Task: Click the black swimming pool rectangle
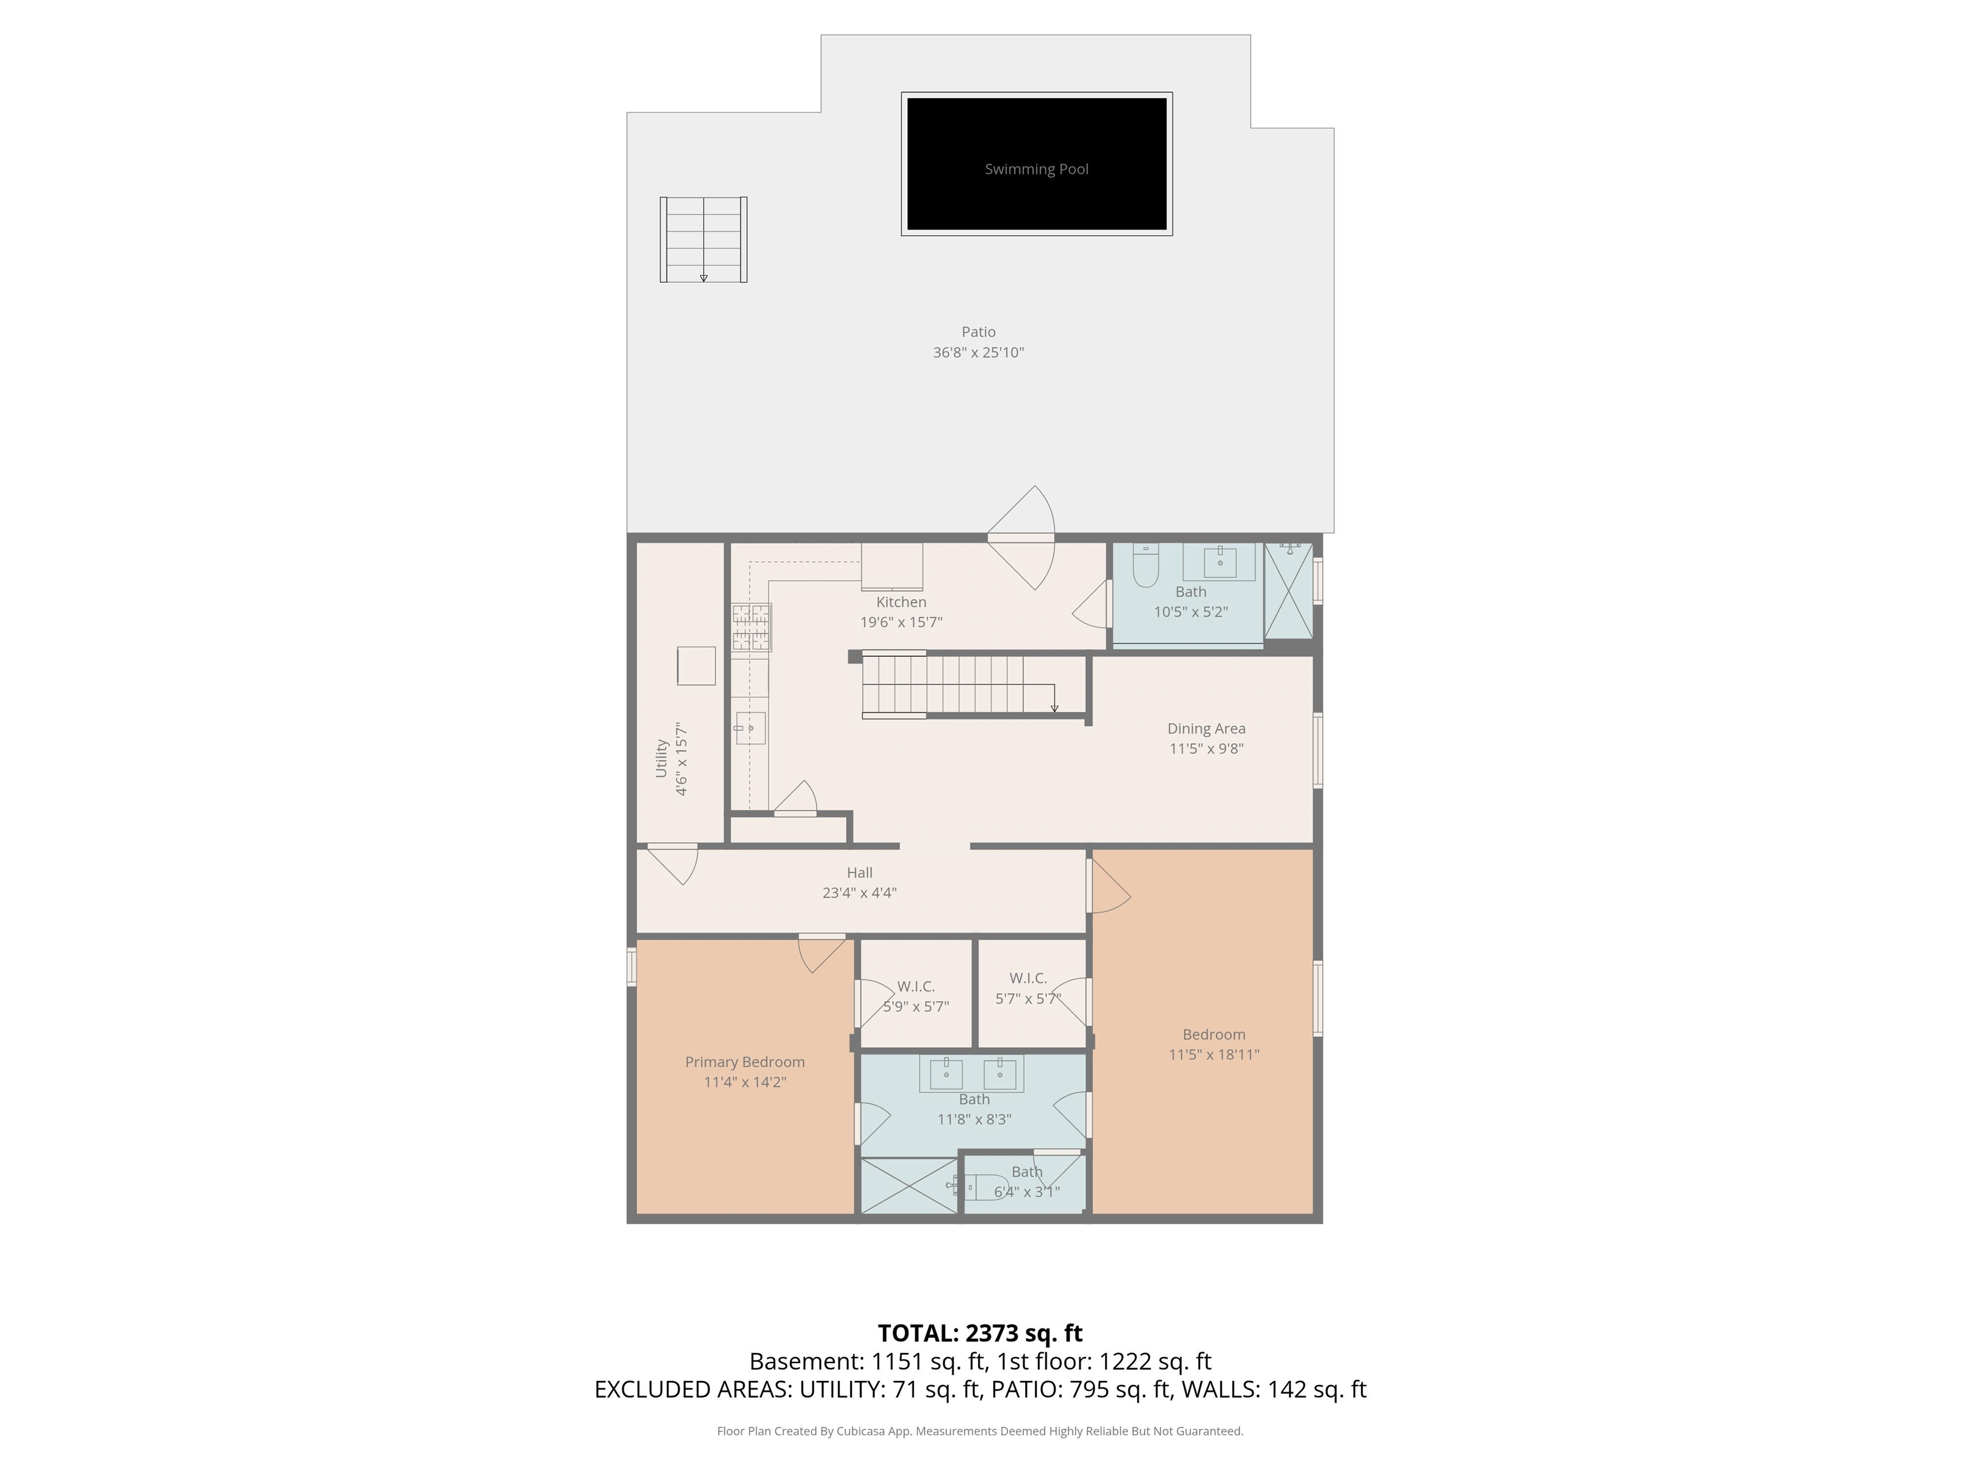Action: click(1036, 164)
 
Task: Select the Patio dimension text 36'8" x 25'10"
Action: click(978, 352)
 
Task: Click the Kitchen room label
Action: click(901, 602)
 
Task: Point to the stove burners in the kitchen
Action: click(751, 628)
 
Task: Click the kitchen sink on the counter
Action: click(749, 728)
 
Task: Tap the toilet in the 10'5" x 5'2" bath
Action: click(1145, 565)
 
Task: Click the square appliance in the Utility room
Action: click(696, 666)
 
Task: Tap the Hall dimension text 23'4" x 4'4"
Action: click(859, 893)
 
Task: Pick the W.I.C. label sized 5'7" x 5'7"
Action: click(1028, 978)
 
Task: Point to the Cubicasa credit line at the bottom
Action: click(980, 1430)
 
